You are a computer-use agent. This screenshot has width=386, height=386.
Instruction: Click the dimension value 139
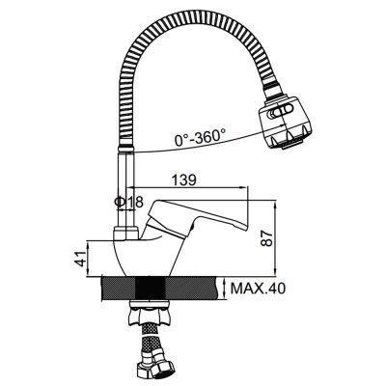click(183, 179)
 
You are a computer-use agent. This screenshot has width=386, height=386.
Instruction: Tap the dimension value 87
click(266, 238)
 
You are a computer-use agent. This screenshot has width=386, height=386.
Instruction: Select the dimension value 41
click(82, 259)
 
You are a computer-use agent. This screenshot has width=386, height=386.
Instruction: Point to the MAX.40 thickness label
click(258, 289)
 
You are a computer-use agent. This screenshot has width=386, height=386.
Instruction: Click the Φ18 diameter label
click(128, 203)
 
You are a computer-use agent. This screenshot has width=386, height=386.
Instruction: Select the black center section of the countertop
click(151, 289)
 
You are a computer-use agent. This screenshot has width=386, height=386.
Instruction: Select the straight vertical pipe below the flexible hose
click(126, 190)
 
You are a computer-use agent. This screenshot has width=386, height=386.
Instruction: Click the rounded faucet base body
click(145, 258)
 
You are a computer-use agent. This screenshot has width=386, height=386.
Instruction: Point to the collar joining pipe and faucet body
click(126, 234)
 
